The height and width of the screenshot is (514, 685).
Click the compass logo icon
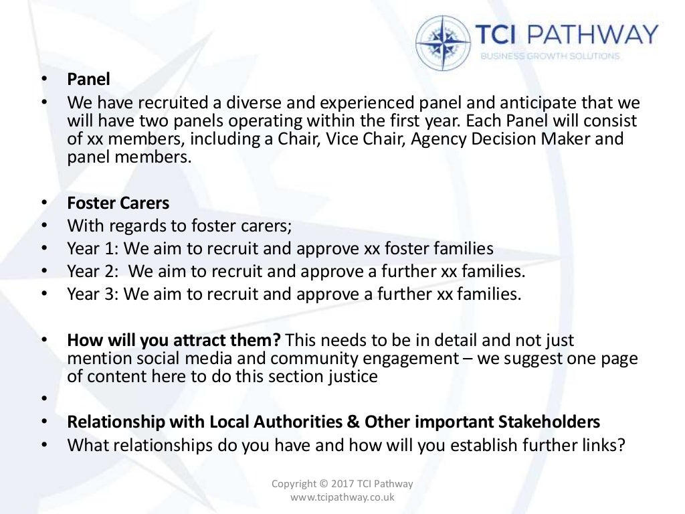point(443,42)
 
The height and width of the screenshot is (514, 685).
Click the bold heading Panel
point(88,79)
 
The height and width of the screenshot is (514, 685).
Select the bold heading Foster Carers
point(118,203)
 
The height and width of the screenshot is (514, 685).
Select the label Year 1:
point(93,249)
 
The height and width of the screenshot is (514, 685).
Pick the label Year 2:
point(93,272)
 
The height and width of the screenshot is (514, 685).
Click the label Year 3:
point(93,294)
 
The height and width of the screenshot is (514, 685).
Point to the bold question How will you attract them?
point(173,341)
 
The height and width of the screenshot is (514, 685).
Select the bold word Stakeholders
point(549,422)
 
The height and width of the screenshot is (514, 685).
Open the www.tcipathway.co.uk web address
point(342,497)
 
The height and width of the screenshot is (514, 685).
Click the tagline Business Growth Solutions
point(550,56)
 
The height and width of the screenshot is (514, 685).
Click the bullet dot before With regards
point(44,226)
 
